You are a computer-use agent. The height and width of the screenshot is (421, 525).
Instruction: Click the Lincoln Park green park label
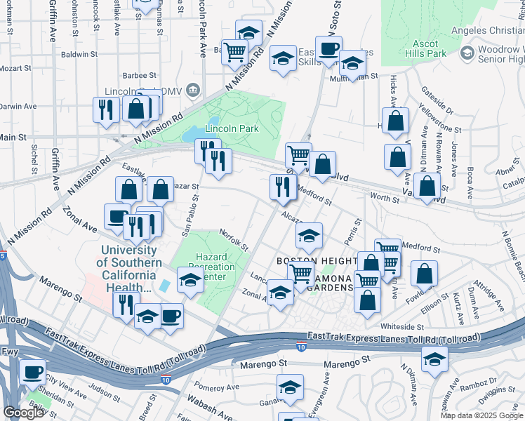pyautogui.click(x=232, y=128)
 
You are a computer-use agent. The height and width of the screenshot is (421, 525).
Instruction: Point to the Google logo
pyautogui.click(x=23, y=413)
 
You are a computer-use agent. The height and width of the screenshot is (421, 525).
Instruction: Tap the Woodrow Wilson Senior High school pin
pyautogui.click(x=467, y=54)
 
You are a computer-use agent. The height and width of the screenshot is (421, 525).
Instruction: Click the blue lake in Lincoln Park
pyautogui.click(x=190, y=133)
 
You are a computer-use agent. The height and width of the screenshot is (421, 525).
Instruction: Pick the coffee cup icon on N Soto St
pyautogui.click(x=328, y=49)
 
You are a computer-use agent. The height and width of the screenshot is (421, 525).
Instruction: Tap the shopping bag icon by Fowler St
pyautogui.click(x=424, y=273)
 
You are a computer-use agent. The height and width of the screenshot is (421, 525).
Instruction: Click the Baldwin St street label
pyautogui.click(x=79, y=54)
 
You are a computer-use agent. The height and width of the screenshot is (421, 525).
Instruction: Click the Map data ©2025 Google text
pyautogui.click(x=481, y=415)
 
